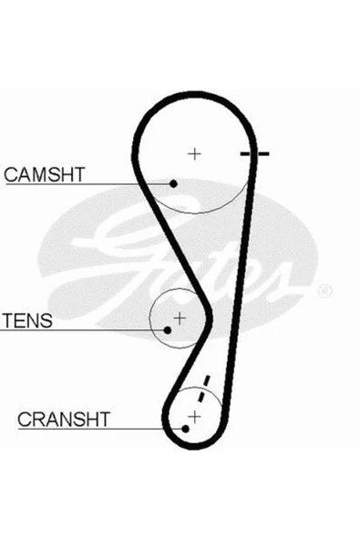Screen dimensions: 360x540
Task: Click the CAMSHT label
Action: click(45, 174)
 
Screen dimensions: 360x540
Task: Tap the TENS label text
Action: click(27, 321)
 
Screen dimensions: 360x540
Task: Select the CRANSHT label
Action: click(64, 419)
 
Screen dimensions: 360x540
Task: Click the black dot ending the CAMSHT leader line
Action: click(173, 183)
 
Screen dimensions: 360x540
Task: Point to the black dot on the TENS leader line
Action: click(168, 330)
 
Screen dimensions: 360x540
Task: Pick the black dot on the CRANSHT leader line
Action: click(185, 429)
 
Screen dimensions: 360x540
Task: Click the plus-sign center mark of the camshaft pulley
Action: click(194, 153)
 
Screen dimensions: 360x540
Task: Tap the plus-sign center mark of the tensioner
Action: click(180, 317)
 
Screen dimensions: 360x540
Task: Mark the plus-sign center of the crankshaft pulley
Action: click(194, 418)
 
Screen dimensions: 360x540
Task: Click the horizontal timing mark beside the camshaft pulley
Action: click(254, 153)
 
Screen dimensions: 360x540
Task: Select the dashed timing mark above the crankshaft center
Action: click(202, 389)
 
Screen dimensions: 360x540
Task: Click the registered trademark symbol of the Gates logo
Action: click(324, 291)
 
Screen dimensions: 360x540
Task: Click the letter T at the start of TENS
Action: click(8, 321)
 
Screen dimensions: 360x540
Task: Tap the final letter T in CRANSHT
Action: click(104, 419)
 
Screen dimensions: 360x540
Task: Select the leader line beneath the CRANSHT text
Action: click(100, 429)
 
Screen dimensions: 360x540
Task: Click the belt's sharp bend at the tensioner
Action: click(209, 318)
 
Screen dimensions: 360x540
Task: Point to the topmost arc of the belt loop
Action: click(195, 96)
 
